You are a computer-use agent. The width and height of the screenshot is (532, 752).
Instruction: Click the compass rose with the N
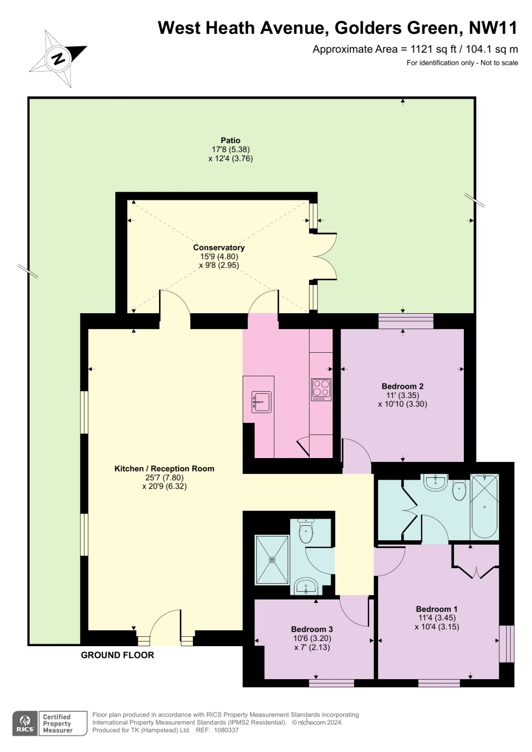point(58,59)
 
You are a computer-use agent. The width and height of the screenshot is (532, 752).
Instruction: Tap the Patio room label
point(230,140)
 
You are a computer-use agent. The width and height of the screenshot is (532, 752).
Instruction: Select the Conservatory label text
point(219,247)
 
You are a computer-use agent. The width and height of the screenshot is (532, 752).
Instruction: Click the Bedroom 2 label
point(402,386)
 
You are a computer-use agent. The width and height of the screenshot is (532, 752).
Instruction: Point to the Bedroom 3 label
point(312,629)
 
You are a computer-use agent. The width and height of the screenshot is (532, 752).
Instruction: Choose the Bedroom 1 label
point(437,609)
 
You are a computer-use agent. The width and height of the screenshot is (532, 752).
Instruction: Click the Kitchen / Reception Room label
point(164,468)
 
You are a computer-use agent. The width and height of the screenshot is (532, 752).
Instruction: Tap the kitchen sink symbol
point(261,402)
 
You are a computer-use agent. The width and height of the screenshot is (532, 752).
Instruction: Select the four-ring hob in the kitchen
point(321,389)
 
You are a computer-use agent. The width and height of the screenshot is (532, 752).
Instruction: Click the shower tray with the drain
point(271,560)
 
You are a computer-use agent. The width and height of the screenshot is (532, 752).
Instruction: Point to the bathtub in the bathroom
point(484,507)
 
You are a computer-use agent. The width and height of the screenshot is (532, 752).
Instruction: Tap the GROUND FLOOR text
point(117,655)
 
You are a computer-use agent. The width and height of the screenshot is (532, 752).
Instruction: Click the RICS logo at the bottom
point(25,723)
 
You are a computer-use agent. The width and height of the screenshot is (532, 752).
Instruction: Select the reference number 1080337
point(226,730)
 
